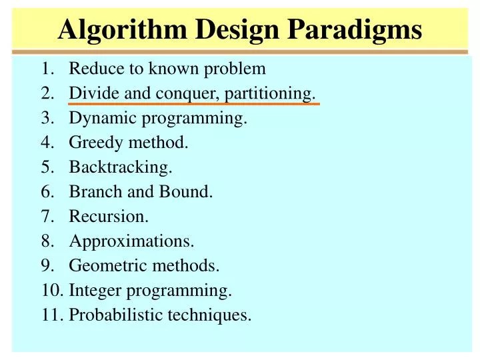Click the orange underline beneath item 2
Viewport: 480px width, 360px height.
(194, 104)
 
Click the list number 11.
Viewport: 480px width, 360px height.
(51, 315)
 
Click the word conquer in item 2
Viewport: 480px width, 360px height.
(188, 94)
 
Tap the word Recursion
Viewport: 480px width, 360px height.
(109, 217)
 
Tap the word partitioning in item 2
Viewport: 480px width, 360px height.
(270, 94)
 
